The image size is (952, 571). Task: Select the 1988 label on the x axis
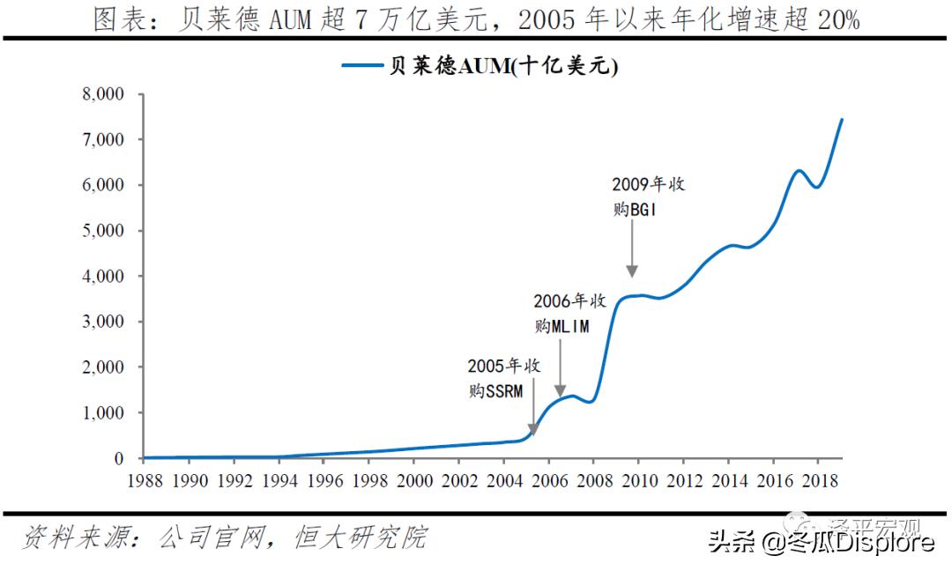pyautogui.click(x=145, y=481)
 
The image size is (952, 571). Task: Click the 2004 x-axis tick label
pyautogui.click(x=504, y=481)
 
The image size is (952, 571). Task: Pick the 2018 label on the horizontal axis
pyautogui.click(x=818, y=481)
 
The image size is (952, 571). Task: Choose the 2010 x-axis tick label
pyautogui.click(x=638, y=481)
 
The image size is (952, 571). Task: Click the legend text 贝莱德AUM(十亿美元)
pyautogui.click(x=503, y=66)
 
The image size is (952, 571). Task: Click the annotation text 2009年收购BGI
pyautogui.click(x=648, y=197)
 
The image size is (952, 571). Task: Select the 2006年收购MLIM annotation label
pyautogui.click(x=569, y=313)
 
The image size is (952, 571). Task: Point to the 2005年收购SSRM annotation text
pyautogui.click(x=503, y=378)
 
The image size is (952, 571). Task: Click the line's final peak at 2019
pyautogui.click(x=841, y=119)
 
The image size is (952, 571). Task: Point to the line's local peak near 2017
pyautogui.click(x=799, y=170)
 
